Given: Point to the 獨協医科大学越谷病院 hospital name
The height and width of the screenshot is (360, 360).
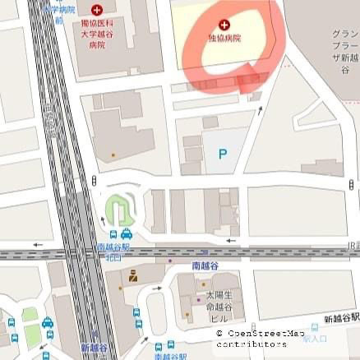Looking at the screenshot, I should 97,35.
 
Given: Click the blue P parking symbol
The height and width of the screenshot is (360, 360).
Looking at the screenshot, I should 223,153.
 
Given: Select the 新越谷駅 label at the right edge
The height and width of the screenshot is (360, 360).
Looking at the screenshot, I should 341,318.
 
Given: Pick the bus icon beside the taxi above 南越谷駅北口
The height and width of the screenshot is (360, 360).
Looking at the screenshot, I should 112,234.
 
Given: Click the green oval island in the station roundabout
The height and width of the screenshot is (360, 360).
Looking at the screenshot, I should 118,210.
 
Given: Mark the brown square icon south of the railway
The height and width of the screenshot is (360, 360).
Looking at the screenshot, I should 132,281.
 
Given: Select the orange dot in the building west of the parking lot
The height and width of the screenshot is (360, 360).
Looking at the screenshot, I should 113,154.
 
